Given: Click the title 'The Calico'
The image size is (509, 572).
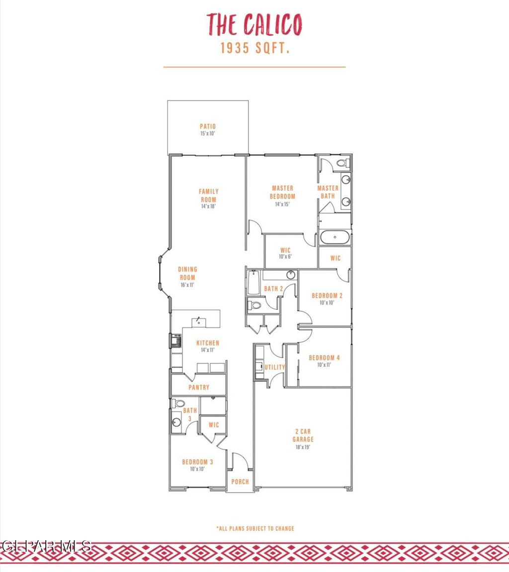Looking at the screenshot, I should pos(254,24).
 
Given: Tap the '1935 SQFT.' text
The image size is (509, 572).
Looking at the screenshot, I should pos(254,49).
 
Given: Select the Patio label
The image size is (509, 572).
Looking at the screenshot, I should pos(208,127).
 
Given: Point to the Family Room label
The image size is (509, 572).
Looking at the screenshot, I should pos(209,195).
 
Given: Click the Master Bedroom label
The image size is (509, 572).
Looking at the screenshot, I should pos(283,192).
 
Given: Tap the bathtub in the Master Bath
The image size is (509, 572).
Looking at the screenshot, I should pos(335,237).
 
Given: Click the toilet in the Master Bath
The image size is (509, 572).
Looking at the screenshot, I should pos(342,163).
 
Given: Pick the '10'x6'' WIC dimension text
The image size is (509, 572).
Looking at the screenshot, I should pos(285,257).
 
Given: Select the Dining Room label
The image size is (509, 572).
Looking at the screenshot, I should pos(187,274).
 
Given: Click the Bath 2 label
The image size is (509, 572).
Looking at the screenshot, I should pos(273,288).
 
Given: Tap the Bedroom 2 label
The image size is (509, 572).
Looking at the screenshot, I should pos(327,296).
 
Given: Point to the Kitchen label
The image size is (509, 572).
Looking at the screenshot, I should pos(208,343).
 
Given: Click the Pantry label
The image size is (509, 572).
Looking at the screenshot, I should pos(199,387).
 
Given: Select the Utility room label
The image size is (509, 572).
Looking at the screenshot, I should pos(274,367).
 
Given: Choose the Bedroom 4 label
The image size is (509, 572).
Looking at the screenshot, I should pos(324,358).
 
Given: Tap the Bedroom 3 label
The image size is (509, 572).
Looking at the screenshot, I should pos(197,461).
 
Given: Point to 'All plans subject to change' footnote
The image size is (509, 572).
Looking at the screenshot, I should pos(255,528).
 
